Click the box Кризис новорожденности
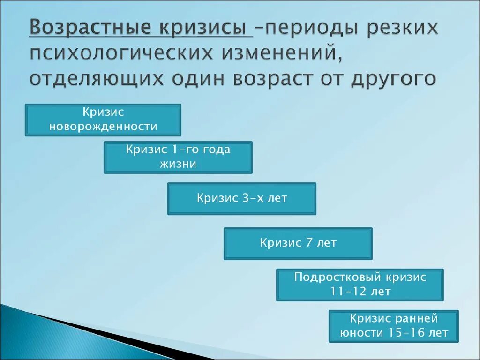[103, 120]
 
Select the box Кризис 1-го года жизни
[178, 157]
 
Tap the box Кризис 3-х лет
[242, 199]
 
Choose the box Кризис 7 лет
[298, 243]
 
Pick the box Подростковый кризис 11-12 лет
[360, 285]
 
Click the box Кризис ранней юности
[394, 326]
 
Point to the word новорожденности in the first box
[103, 127]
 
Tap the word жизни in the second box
[178, 164]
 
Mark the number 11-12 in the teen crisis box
[347, 292]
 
